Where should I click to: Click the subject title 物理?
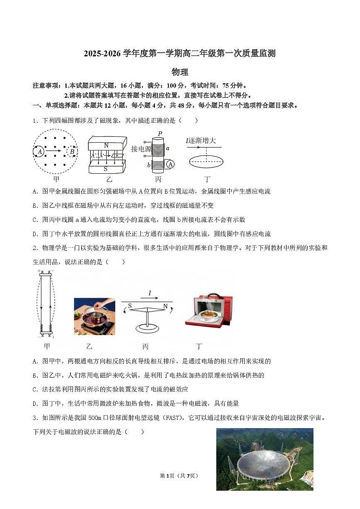click(x=180, y=72)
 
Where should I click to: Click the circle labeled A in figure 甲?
click(x=40, y=152)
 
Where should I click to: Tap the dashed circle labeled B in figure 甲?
click(x=72, y=152)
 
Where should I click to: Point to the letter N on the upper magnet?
click(x=106, y=145)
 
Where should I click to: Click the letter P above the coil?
click(x=160, y=134)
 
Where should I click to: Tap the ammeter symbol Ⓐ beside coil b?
click(x=170, y=165)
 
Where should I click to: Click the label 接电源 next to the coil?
click(x=141, y=149)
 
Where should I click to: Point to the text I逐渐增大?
click(x=201, y=141)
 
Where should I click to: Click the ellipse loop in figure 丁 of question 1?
click(x=206, y=161)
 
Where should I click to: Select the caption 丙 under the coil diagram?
click(x=158, y=179)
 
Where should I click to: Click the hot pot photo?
click(x=95, y=316)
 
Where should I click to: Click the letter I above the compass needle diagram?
click(x=150, y=293)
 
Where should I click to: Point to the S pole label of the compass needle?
click(x=130, y=306)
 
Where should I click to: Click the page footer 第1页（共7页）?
click(x=179, y=475)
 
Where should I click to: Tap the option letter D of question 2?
click(x=35, y=403)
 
